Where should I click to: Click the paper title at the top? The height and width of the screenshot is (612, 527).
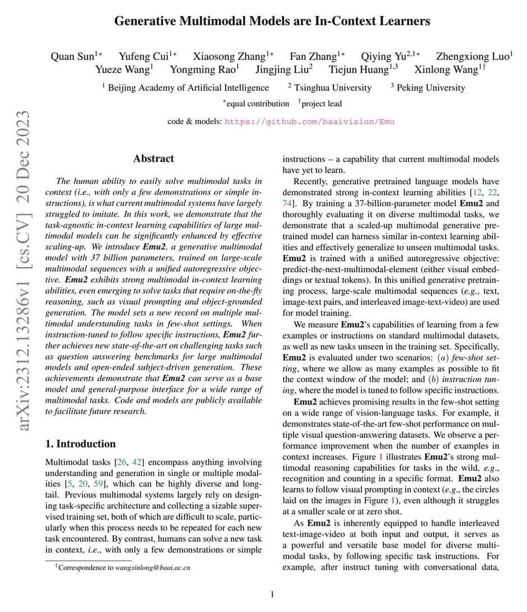(272, 22)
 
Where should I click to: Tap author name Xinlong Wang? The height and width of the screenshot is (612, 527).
(447, 70)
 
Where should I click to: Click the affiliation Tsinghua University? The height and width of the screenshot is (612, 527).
(333, 88)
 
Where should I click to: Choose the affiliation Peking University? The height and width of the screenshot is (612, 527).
(430, 88)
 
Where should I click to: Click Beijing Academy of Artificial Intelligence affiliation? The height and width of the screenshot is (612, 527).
(188, 88)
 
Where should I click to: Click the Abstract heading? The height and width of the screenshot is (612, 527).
(153, 158)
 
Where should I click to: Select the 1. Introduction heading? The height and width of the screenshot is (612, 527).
(80, 444)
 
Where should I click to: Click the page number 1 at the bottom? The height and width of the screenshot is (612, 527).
(272, 594)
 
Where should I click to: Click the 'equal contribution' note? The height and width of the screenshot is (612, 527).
(258, 103)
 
